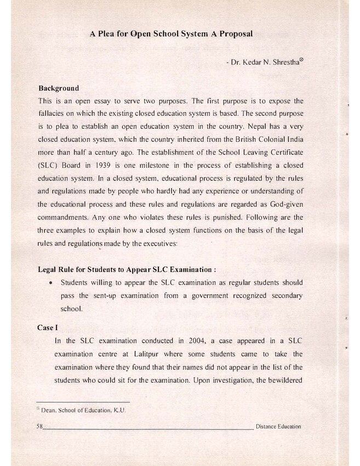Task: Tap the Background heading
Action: pyautogui.click(x=59, y=88)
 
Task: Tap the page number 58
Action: pyautogui.click(x=39, y=427)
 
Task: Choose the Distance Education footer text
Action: pyautogui.click(x=278, y=427)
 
